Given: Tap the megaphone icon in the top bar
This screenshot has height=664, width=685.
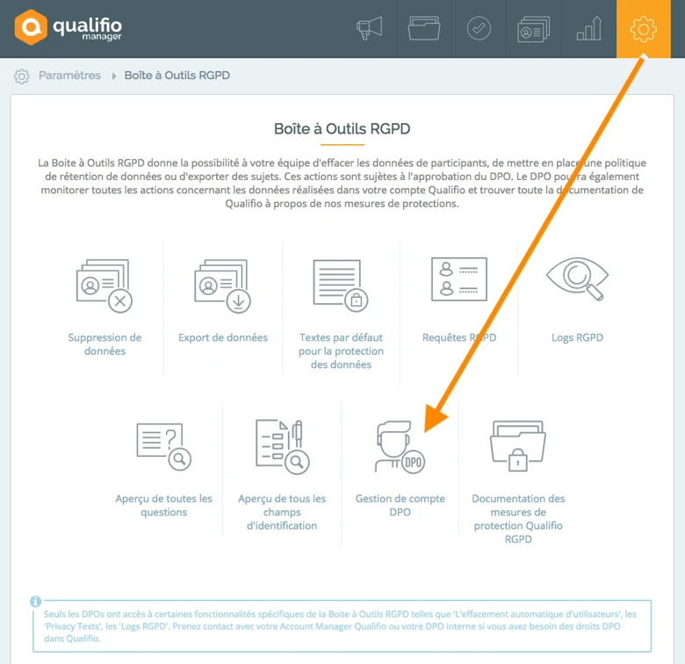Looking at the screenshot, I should click(369, 29).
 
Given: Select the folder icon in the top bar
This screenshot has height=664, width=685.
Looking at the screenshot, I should click(424, 29).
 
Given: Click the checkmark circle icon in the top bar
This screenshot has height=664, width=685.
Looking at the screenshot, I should click(479, 29).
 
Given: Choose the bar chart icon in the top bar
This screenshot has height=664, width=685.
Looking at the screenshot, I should click(588, 29).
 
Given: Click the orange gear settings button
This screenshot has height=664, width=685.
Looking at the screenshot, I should click(644, 29).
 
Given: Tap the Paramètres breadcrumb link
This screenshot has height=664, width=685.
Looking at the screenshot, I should click(69, 76).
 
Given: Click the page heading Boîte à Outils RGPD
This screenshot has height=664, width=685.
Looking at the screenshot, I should click(342, 129).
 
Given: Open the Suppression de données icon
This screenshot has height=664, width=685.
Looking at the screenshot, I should click(105, 285).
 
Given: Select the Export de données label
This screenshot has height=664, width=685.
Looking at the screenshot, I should click(223, 337).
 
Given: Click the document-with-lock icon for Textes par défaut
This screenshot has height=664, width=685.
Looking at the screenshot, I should click(341, 285).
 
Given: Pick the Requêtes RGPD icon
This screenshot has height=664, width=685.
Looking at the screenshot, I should click(458, 279).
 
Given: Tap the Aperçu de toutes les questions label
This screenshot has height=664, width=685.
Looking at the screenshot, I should click(163, 505).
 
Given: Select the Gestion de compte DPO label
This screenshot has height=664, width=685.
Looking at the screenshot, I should click(400, 505).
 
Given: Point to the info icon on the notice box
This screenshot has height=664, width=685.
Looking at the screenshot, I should click(36, 602).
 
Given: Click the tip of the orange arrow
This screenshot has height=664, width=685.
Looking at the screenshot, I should click(425, 430).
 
